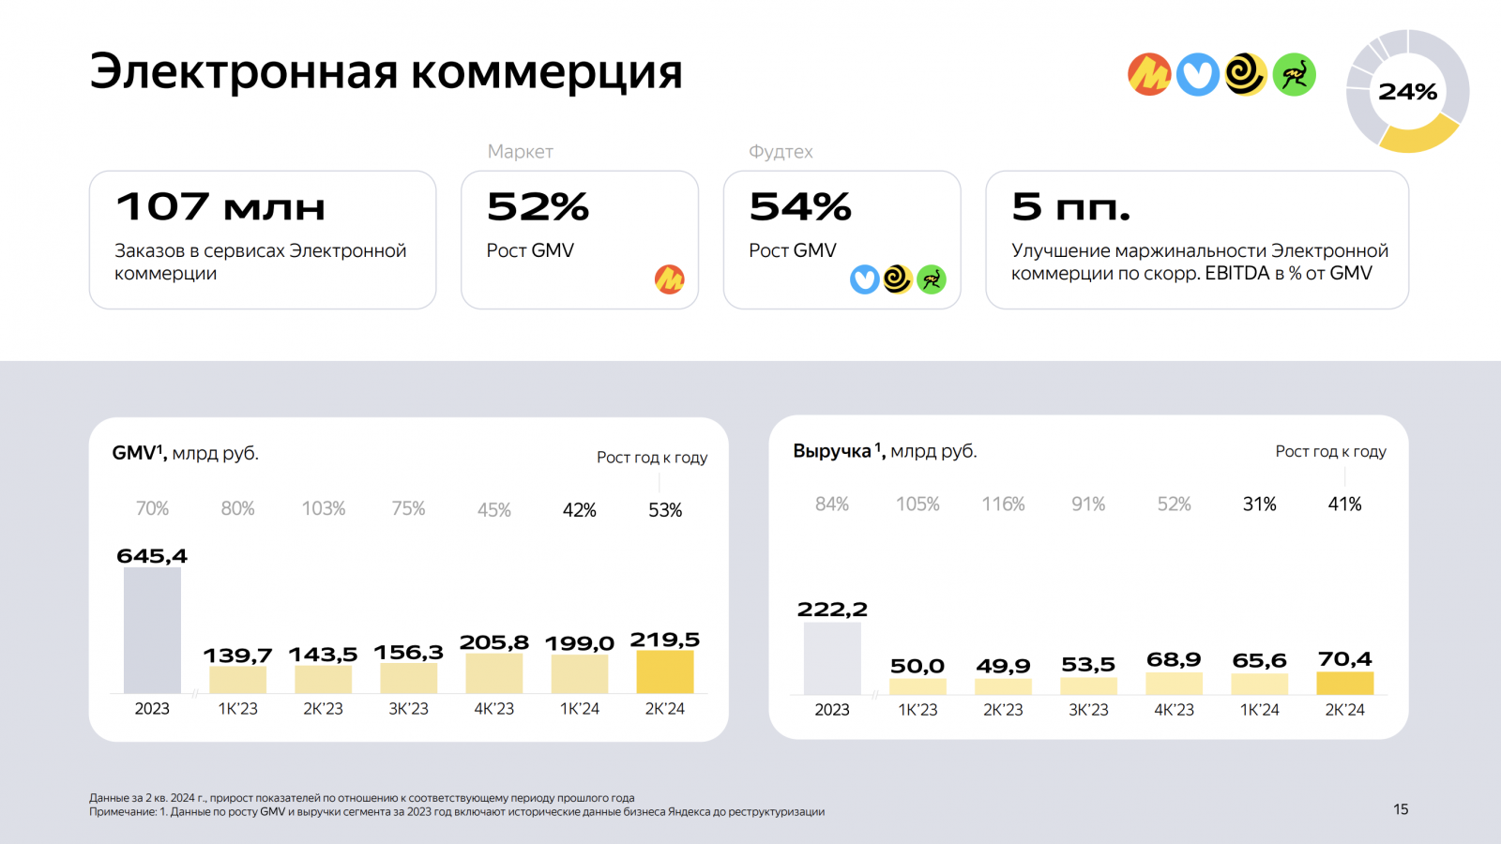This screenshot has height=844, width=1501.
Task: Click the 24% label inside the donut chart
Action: (x=1407, y=92)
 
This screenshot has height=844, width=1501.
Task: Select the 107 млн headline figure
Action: (x=220, y=206)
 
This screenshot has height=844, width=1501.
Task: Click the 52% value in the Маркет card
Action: (x=538, y=206)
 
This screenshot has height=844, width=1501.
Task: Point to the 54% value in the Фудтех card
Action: (x=800, y=206)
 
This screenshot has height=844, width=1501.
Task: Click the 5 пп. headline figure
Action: (x=1070, y=206)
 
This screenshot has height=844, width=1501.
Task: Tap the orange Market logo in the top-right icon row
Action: (x=1149, y=75)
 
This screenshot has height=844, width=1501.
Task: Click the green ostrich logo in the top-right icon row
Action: (x=1295, y=75)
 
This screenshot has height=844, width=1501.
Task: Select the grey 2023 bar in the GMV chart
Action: (x=152, y=630)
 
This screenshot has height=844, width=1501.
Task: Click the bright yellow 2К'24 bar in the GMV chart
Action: (x=664, y=671)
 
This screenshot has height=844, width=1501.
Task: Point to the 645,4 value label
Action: (x=152, y=556)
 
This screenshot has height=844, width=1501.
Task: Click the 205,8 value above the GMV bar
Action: (x=493, y=642)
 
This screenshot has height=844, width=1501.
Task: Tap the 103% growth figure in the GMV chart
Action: (x=323, y=508)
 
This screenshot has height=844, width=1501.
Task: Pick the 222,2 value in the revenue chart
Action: (x=832, y=610)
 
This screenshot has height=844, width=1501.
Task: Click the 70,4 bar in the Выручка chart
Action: (x=1344, y=683)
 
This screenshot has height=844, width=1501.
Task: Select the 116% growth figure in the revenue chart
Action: (x=1003, y=505)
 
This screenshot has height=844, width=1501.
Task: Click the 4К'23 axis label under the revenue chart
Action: (x=1174, y=710)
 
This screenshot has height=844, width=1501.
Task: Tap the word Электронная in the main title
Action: (x=244, y=71)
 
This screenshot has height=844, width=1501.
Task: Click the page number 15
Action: (x=1401, y=809)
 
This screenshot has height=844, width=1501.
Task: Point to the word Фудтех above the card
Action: (x=781, y=152)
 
